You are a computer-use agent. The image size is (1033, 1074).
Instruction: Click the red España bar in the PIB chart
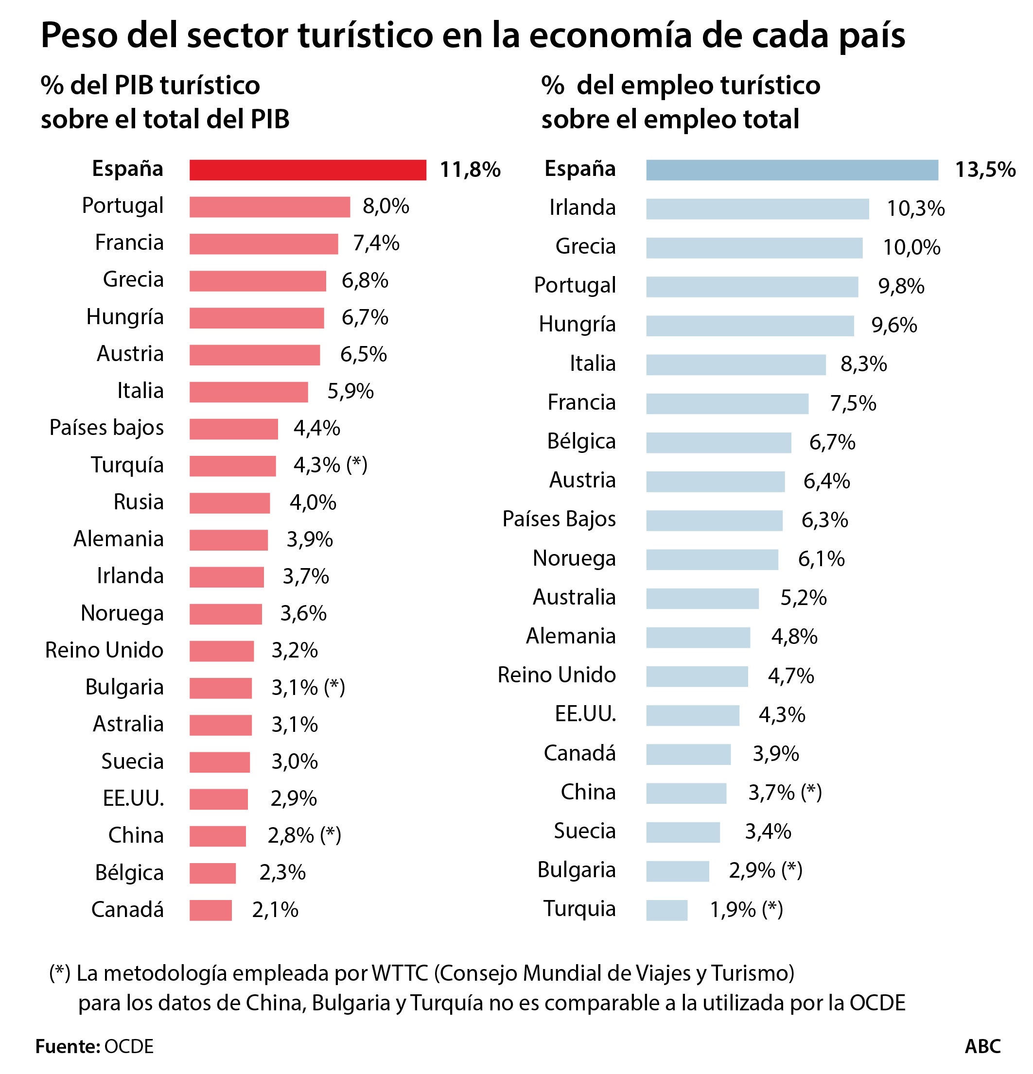307,170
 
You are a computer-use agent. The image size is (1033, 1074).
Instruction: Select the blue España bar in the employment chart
791,170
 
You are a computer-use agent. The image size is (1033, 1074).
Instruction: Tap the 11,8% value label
470,170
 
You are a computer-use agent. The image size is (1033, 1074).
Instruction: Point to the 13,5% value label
985,170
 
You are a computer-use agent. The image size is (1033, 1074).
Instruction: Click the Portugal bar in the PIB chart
270,207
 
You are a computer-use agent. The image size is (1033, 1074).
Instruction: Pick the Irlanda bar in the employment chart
757,209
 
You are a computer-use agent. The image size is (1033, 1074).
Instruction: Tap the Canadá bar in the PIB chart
210,910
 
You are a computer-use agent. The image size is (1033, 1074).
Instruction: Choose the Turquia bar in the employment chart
666,910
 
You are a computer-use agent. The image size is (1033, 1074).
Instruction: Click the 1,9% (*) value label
746,910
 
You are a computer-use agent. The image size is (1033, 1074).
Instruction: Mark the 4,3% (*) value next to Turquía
330,465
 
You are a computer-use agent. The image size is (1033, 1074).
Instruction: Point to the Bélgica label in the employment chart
581,442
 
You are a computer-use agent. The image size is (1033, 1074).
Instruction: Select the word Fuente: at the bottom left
68,1046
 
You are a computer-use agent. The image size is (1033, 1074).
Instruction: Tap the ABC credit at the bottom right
982,1046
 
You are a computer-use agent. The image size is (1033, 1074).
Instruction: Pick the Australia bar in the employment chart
702,598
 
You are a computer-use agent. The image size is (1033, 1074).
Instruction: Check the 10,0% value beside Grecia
911,248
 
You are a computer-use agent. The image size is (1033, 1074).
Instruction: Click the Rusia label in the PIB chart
138,502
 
